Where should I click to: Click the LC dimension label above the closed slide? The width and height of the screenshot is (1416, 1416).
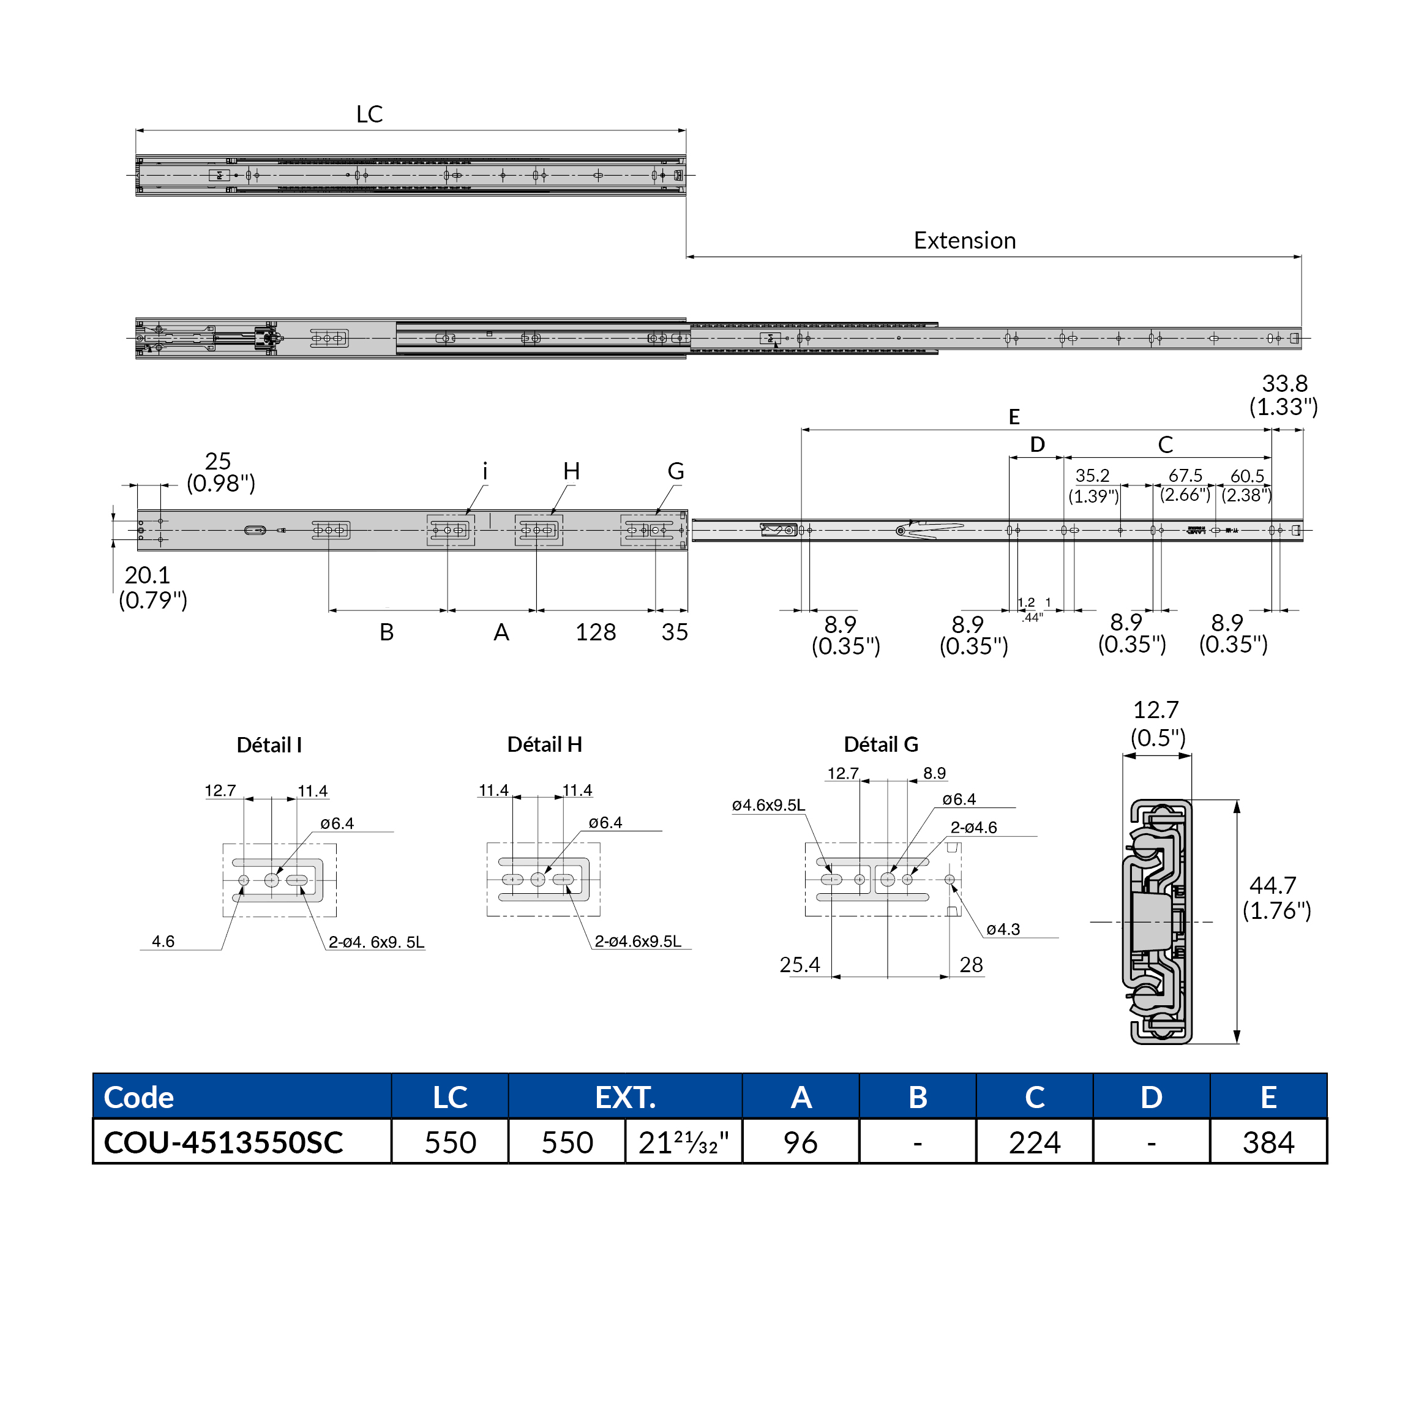pyautogui.click(x=369, y=114)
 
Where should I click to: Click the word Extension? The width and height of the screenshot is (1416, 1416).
pyautogui.click(x=965, y=241)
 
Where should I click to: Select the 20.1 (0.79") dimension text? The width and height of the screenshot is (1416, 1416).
pyautogui.click(x=152, y=587)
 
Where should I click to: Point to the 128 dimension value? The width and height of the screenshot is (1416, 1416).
pyautogui.click(x=595, y=632)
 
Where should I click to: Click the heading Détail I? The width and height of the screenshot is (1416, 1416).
pyautogui.click(x=269, y=746)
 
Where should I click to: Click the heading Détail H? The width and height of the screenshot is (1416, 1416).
pyautogui.click(x=545, y=744)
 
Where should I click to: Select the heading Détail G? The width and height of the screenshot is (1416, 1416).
pyautogui.click(x=881, y=744)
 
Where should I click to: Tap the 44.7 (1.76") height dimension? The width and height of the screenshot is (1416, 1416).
pyautogui.click(x=1276, y=898)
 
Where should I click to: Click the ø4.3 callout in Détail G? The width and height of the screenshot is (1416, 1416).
pyautogui.click(x=1003, y=929)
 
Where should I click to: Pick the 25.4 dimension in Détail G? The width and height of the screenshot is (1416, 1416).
pyautogui.click(x=800, y=965)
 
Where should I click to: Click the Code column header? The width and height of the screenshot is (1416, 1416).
pyautogui.click(x=139, y=1097)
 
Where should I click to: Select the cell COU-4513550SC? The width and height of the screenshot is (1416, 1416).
pyautogui.click(x=223, y=1142)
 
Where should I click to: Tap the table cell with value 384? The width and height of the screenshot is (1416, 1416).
pyautogui.click(x=1268, y=1142)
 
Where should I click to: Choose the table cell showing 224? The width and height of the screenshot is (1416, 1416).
pyautogui.click(x=1034, y=1142)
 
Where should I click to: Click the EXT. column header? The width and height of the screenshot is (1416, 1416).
pyautogui.click(x=625, y=1097)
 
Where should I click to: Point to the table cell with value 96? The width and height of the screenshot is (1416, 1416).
pyautogui.click(x=800, y=1142)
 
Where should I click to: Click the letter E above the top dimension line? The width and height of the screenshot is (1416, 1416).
pyautogui.click(x=1014, y=417)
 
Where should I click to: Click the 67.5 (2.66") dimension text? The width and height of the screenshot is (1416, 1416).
pyautogui.click(x=1185, y=485)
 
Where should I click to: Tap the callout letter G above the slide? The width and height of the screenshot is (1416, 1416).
pyautogui.click(x=676, y=471)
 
